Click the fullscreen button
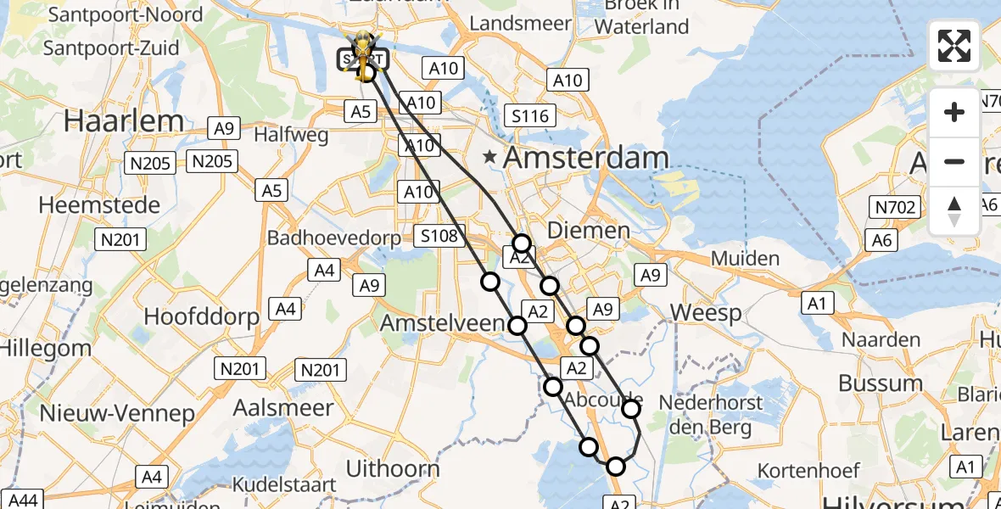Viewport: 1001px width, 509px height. [954, 46]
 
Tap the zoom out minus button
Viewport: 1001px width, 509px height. [954, 161]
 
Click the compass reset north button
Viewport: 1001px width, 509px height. [954, 211]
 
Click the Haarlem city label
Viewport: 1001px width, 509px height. [124, 120]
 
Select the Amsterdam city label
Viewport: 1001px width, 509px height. [586, 158]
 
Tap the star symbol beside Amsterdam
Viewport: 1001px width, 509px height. [489, 157]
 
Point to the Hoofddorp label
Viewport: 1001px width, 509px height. [202, 316]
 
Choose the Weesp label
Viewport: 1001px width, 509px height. [701, 312]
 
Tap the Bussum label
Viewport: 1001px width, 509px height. [881, 383]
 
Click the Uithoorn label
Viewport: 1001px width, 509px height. [393, 468]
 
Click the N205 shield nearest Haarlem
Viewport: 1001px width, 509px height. [151, 163]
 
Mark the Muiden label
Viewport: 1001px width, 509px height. [745, 258]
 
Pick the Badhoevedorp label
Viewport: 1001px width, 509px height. [333, 238]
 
